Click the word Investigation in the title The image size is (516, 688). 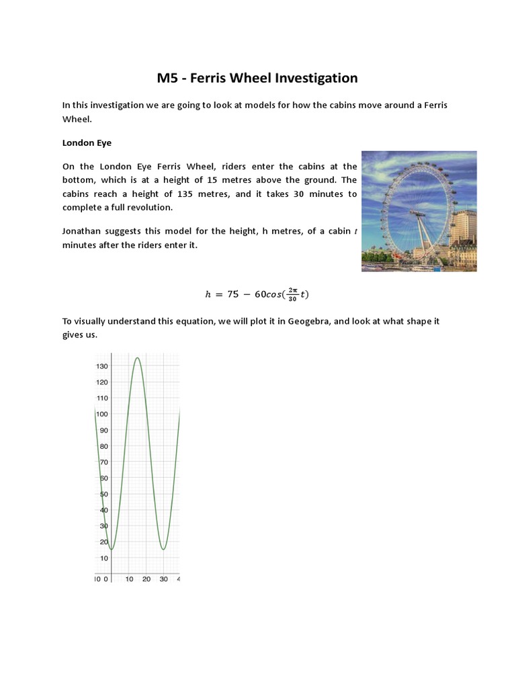click(314, 79)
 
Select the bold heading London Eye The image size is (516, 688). click(86, 142)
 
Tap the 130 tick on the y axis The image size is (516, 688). click(101, 366)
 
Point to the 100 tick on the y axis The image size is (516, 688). click(101, 414)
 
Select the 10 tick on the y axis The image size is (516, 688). click(103, 558)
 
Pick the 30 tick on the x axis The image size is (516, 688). click(163, 579)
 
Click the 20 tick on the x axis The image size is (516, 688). click(146, 579)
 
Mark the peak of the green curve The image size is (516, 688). click(137, 358)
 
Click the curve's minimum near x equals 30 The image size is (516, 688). click(163, 549)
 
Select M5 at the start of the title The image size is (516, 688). click(167, 79)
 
